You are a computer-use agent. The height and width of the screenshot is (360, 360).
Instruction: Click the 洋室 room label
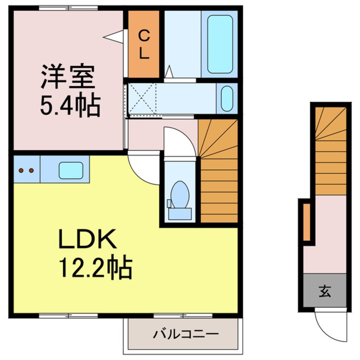[x=68, y=77]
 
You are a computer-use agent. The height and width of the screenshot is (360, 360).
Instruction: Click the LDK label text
[x=87, y=239]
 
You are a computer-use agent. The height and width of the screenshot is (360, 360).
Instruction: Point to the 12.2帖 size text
[x=96, y=267]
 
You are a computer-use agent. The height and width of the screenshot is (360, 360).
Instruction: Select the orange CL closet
[x=144, y=44]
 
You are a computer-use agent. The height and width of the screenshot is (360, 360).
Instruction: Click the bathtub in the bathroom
[x=220, y=44]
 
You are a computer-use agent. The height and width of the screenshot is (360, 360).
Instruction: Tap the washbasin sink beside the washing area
[x=227, y=98]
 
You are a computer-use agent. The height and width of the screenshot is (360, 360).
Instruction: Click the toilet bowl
[x=180, y=195]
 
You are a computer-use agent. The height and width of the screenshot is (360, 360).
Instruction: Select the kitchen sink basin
[x=71, y=171]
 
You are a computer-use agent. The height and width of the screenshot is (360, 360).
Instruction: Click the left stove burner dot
[x=21, y=170]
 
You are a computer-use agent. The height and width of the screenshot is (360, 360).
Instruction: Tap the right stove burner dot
[x=31, y=170]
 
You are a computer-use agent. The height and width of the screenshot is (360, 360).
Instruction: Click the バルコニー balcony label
[x=186, y=334]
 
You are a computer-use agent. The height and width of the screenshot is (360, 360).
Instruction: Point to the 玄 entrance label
[x=325, y=291]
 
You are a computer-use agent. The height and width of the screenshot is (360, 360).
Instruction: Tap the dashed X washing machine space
[x=142, y=99]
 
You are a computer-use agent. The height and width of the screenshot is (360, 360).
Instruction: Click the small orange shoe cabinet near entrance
[x=306, y=222]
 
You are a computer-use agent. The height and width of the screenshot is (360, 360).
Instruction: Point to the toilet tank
[x=180, y=214]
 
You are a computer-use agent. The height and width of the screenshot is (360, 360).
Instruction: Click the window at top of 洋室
[x=69, y=8]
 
